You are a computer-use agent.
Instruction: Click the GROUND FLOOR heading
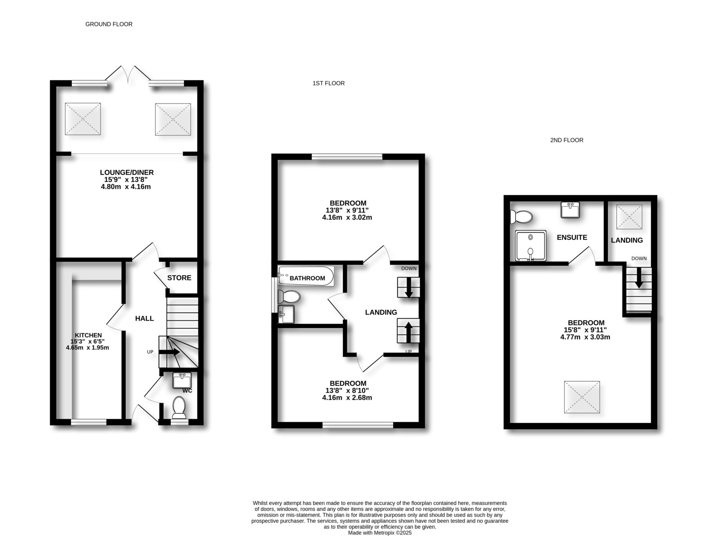tap(109, 24)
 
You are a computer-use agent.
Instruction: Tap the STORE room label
tap(179, 278)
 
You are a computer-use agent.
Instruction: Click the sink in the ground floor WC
tap(182, 381)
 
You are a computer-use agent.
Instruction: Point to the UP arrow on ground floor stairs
tap(169, 352)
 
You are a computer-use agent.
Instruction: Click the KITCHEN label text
tap(88, 335)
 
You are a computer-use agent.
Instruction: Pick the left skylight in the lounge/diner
tap(83, 119)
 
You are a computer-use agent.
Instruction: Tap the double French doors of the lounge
tap(128, 74)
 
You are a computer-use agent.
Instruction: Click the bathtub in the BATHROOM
tap(306, 276)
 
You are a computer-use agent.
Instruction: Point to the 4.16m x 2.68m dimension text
tap(347, 398)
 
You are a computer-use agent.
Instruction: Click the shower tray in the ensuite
tap(531, 246)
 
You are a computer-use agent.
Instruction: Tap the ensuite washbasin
tap(570, 210)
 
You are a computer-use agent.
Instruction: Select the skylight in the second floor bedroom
tap(582, 397)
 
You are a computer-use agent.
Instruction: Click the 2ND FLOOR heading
tap(566, 140)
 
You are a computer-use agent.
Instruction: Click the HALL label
tap(144, 318)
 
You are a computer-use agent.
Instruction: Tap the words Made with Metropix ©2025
tap(380, 533)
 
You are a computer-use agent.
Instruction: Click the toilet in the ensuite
tap(522, 217)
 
